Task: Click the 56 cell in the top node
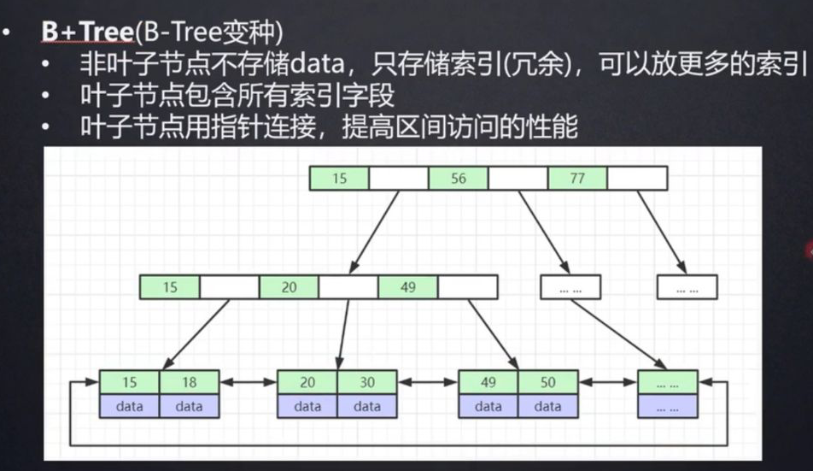[x=458, y=178]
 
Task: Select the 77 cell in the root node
[x=577, y=178]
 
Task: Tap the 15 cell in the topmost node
[x=339, y=178]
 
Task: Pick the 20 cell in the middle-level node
[x=289, y=287]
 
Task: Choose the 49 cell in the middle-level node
[x=407, y=287]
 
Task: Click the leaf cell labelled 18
[x=190, y=382]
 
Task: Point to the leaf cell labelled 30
[x=367, y=382]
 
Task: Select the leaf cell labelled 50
[x=547, y=382]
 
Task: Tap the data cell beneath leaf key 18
[x=190, y=406]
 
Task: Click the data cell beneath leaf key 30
[x=367, y=406]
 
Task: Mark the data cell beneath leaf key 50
[x=547, y=406]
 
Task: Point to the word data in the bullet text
[x=366, y=64]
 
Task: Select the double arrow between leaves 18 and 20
[x=249, y=382]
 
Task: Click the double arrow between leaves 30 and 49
[x=428, y=382]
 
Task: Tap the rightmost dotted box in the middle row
[x=687, y=288]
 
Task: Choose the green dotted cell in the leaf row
[x=668, y=382]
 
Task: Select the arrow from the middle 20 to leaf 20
[x=343, y=333]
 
